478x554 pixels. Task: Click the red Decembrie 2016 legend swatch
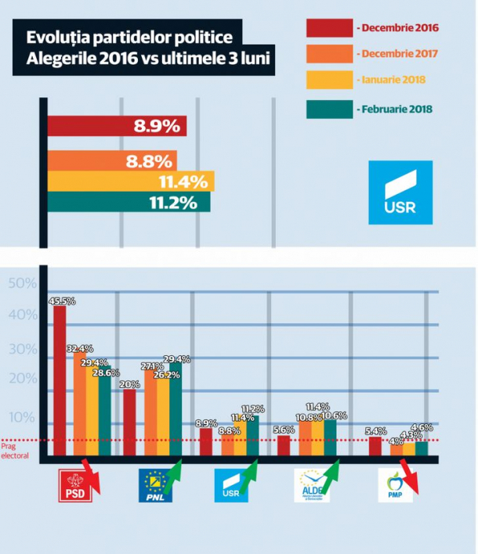coord(328,28)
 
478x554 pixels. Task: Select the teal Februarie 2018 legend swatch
coord(328,108)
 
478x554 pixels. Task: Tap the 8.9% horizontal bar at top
coord(117,125)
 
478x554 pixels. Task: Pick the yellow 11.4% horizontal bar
coord(131,182)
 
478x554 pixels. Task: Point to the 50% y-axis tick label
coord(23,282)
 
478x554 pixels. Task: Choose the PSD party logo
coord(76,485)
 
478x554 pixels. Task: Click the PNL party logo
coord(155,485)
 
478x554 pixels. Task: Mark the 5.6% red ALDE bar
coord(283,445)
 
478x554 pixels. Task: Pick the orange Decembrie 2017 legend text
coord(397,55)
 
